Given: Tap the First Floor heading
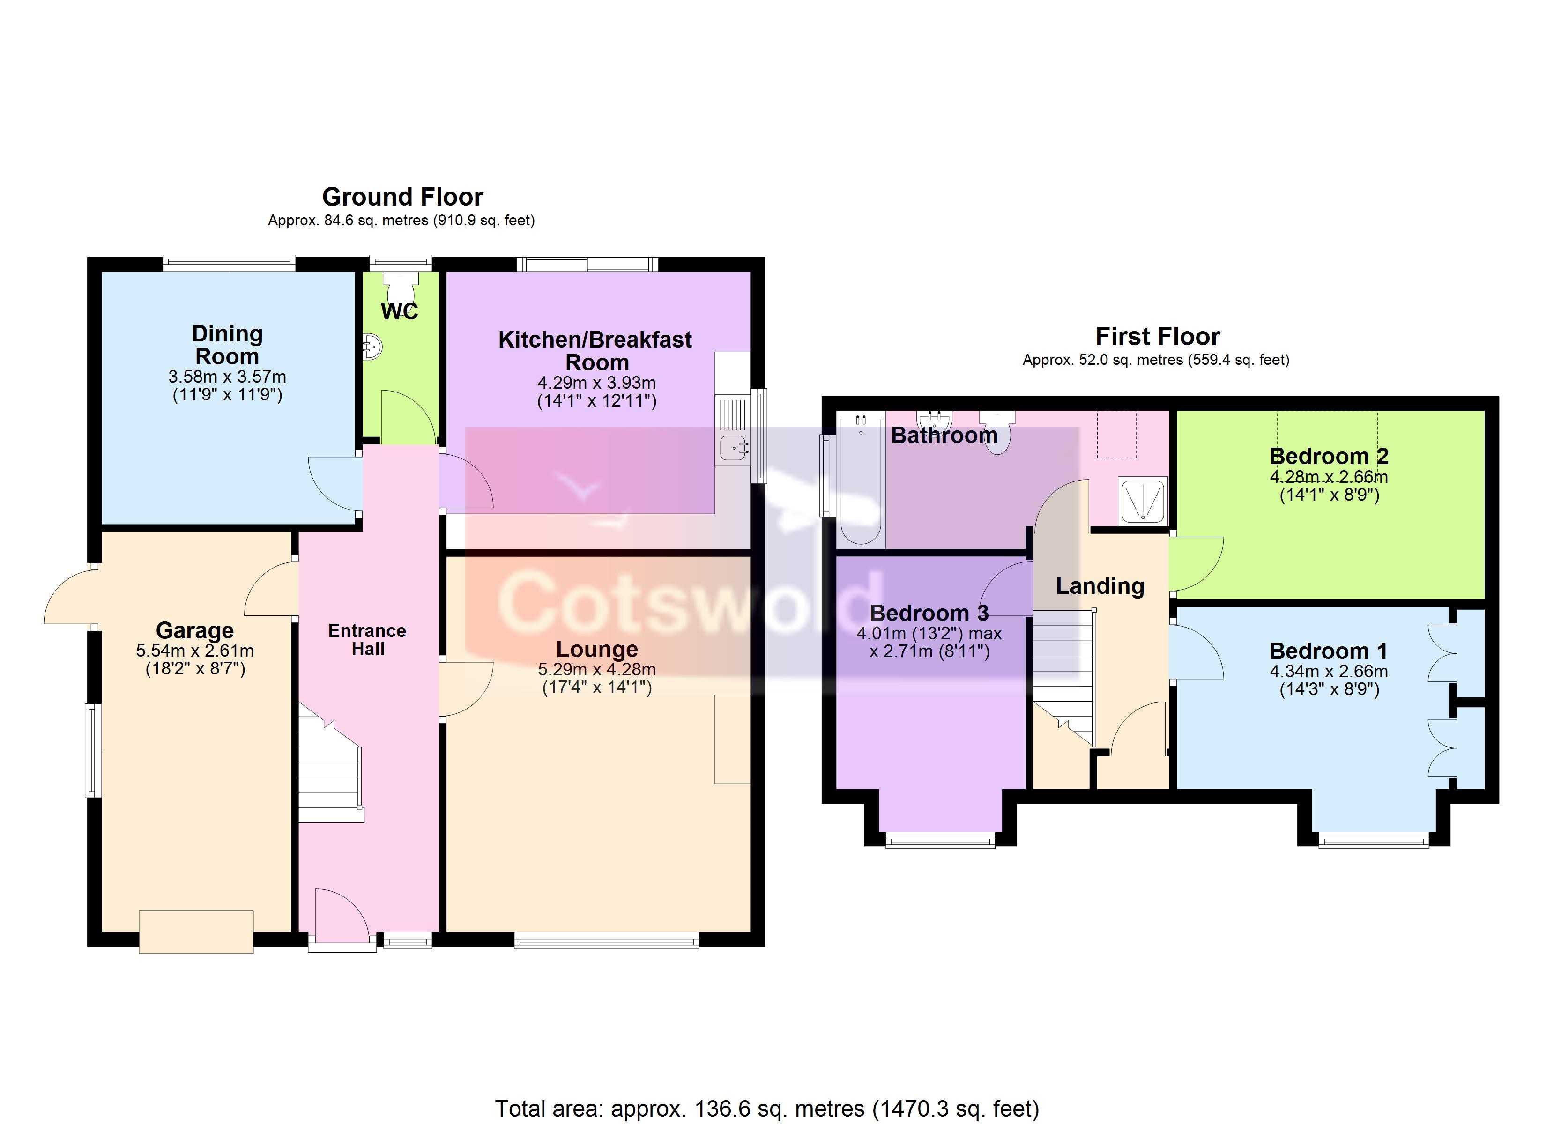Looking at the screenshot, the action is point(1158,337).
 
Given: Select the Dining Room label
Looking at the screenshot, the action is point(227,345).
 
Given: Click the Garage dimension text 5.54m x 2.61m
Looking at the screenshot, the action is point(195,651).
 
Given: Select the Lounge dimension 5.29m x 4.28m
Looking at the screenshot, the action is point(597,669).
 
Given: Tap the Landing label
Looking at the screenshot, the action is point(1100,586).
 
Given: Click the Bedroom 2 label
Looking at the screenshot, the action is point(1329,456).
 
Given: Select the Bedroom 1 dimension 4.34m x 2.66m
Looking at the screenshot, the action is point(1329,672).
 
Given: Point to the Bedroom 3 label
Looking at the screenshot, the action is point(929,613).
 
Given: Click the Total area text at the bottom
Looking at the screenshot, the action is point(767,1109).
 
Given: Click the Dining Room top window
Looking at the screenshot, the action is point(229,263).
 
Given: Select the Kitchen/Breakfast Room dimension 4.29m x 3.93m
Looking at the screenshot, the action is point(596,383).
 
